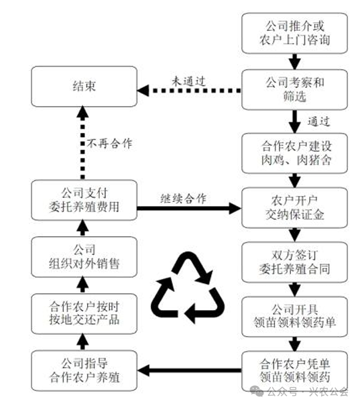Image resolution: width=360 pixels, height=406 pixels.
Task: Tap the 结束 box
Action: (x=83, y=87)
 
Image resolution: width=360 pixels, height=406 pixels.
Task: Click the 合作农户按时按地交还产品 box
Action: (x=83, y=312)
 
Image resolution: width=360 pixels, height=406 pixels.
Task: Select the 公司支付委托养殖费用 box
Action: (x=83, y=199)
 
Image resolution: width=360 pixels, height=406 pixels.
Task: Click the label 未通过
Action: (x=188, y=79)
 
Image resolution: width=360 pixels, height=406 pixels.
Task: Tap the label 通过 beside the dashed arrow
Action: (x=321, y=121)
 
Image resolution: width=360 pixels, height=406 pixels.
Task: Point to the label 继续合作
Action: (x=183, y=198)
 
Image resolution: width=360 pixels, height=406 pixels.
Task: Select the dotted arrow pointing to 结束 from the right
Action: (x=188, y=89)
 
